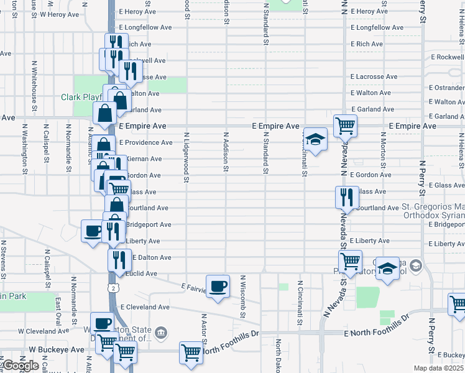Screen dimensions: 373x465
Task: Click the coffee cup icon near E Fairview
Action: point(218,286)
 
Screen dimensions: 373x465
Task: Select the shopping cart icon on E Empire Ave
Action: point(345,126)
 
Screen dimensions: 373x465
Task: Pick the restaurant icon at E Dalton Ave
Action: point(119,260)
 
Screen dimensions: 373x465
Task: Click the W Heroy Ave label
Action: point(61,13)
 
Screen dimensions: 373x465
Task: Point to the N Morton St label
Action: point(383,155)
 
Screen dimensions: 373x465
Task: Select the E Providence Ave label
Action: point(145,142)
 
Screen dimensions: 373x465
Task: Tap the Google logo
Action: point(20,366)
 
